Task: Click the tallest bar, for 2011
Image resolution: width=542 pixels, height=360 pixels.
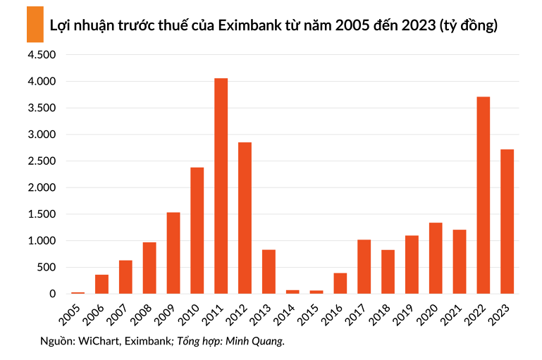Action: click(221, 186)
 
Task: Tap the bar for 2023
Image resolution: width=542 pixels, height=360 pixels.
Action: click(507, 221)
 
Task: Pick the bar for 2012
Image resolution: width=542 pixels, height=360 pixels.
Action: click(245, 218)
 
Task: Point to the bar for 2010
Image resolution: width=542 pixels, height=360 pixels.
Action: click(197, 230)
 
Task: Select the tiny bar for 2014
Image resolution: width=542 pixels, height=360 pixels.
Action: click(292, 291)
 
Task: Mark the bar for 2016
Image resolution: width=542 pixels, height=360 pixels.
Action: click(340, 283)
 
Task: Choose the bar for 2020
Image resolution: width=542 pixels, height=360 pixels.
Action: click(436, 258)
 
